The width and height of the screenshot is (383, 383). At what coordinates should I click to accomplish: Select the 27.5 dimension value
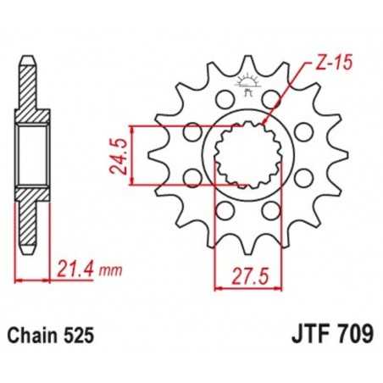[243, 274]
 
